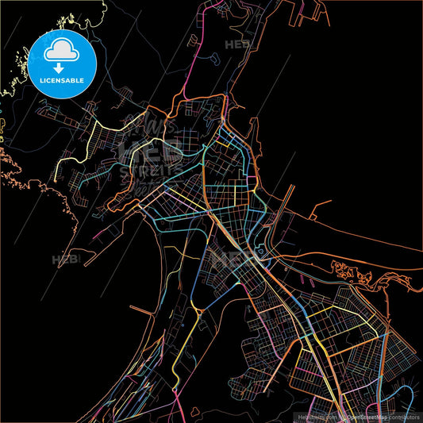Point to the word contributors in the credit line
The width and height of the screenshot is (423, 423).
point(402,417)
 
